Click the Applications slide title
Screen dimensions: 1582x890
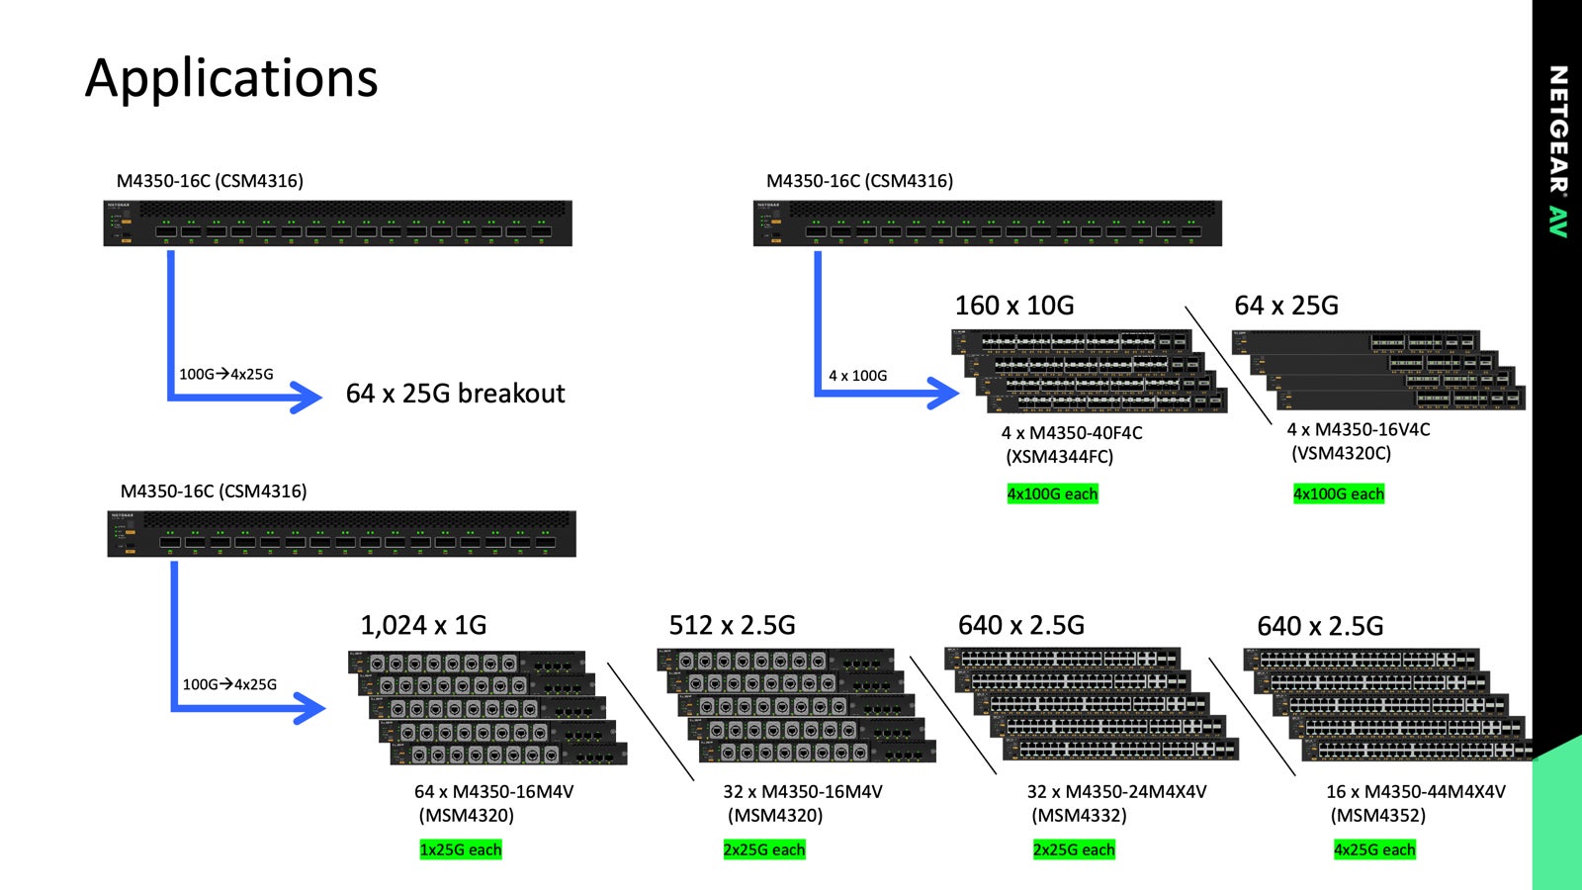tap(231, 78)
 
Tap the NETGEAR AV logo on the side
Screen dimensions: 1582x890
tap(1558, 150)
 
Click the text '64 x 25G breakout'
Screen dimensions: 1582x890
tap(455, 394)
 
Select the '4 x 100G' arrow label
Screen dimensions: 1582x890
tap(857, 376)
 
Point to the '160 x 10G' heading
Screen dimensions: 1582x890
tap(1014, 306)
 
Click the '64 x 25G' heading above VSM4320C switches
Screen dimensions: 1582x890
tap(1286, 306)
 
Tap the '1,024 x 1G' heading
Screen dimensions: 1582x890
tap(423, 625)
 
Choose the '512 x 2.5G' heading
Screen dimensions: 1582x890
tap(732, 625)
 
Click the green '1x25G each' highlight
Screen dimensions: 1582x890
tap(461, 849)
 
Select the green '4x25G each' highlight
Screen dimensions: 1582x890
tap(1374, 849)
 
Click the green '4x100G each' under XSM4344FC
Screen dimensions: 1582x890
tap(1052, 493)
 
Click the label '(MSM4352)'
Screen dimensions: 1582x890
tap(1378, 816)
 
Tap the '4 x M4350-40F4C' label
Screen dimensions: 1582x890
tap(1072, 433)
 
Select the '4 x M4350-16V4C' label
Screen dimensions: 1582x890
tap(1359, 429)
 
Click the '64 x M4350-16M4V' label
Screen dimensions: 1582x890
tap(493, 792)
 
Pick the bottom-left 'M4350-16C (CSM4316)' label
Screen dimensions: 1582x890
tap(214, 491)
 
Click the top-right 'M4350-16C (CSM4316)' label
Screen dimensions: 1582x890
tap(860, 181)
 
